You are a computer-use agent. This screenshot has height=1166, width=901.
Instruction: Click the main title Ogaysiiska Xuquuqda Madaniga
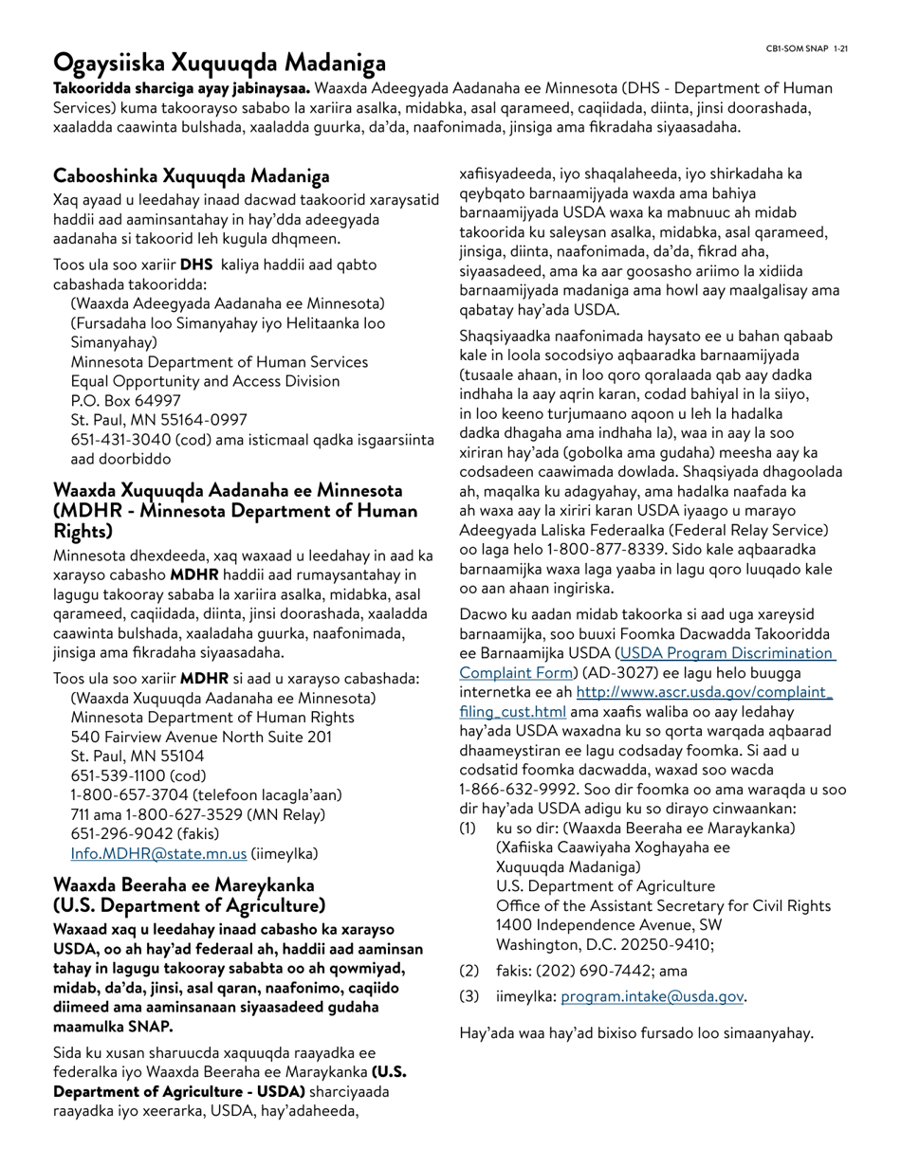pyautogui.click(x=219, y=64)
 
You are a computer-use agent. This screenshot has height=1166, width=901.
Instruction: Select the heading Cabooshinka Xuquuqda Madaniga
pyautogui.click(x=192, y=175)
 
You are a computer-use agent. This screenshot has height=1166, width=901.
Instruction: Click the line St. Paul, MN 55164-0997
pyautogui.click(x=159, y=420)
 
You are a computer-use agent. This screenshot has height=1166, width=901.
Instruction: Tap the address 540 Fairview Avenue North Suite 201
pyautogui.click(x=201, y=737)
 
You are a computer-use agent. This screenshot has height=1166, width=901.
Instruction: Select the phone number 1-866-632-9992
pyautogui.click(x=513, y=789)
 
